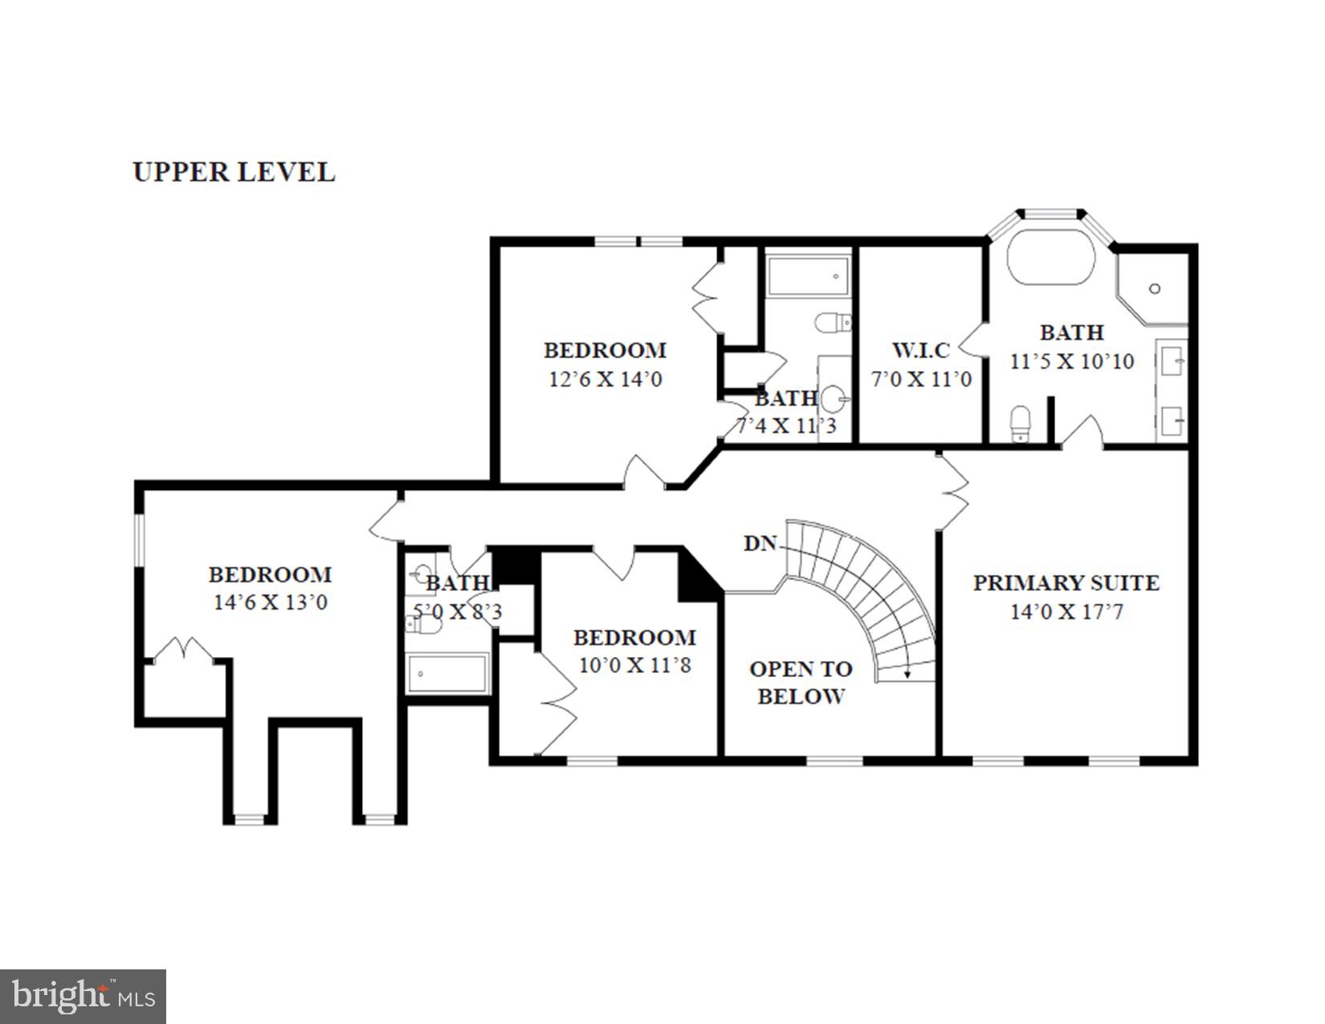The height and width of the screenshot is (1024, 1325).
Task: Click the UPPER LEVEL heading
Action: (x=234, y=172)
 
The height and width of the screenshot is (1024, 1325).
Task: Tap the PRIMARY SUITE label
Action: (x=1066, y=583)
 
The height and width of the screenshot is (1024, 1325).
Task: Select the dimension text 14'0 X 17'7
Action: (x=1066, y=612)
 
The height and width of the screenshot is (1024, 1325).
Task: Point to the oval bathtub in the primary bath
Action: (x=1050, y=258)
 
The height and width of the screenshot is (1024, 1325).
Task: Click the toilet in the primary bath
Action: (x=1020, y=422)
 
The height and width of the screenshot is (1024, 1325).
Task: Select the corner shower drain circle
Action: (x=1155, y=288)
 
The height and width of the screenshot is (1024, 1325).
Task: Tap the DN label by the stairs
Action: (x=760, y=544)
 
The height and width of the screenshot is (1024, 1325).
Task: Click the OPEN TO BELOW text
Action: (x=801, y=682)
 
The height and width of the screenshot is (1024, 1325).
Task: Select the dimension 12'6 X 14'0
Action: (x=605, y=379)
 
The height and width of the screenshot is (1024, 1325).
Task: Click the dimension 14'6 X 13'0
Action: (x=270, y=602)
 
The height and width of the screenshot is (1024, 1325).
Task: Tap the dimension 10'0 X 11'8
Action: (x=634, y=665)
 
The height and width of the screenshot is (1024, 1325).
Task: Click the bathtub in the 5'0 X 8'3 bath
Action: (x=447, y=674)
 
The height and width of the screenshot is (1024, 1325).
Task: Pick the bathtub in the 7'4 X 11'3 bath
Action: (x=808, y=276)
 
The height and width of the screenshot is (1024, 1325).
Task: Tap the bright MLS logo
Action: (x=83, y=996)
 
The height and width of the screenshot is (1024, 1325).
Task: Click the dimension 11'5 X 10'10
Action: (x=1071, y=361)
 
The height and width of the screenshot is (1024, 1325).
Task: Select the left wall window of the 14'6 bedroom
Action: (x=138, y=540)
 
